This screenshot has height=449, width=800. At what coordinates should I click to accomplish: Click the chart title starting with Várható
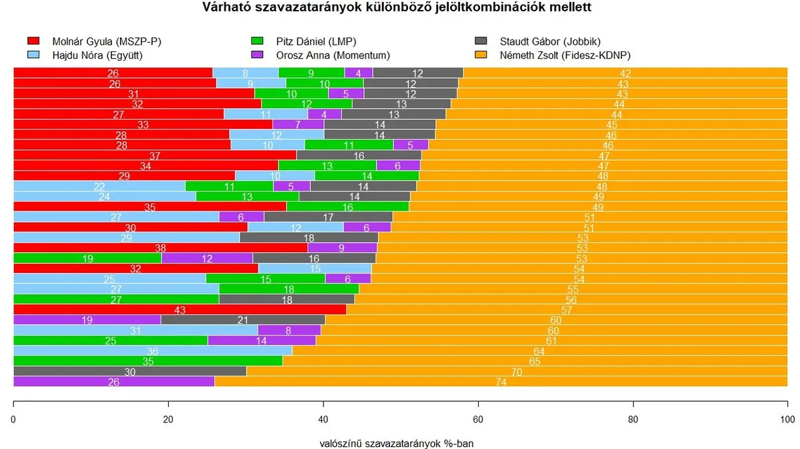(x=397, y=8)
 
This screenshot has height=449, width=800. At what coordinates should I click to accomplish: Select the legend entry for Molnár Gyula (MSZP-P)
(x=106, y=41)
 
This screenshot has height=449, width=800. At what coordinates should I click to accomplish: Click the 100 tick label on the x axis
(x=787, y=420)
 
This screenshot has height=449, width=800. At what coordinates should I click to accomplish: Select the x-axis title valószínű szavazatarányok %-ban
(x=397, y=442)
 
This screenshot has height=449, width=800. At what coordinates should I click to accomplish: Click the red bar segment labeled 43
(x=180, y=310)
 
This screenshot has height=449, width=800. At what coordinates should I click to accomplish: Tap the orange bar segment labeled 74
(x=501, y=382)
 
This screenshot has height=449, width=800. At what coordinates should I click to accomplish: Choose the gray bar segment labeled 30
(x=130, y=372)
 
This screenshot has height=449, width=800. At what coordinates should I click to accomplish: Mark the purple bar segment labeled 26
(x=113, y=382)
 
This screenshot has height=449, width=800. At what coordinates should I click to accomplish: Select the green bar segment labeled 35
(x=148, y=361)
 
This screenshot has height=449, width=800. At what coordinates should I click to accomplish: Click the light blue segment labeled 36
(x=153, y=351)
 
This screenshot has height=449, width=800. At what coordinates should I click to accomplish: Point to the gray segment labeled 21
(x=243, y=320)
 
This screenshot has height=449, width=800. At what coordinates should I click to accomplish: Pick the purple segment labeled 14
(x=261, y=340)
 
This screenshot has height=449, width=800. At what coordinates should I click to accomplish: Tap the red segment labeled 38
(x=160, y=248)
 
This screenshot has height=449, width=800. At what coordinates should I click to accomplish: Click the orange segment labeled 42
(x=625, y=73)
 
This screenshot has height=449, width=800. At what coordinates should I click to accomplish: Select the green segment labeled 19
(x=87, y=258)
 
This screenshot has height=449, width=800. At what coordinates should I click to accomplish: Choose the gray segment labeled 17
(x=328, y=217)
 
